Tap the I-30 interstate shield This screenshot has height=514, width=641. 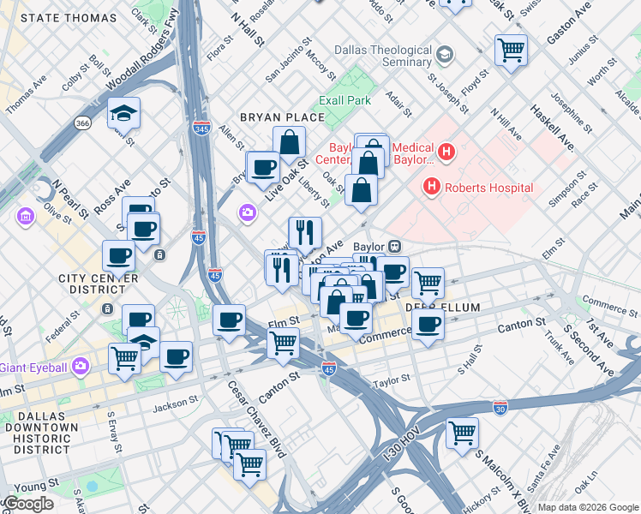click(x=500, y=406)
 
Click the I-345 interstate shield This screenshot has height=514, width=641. click(x=201, y=128)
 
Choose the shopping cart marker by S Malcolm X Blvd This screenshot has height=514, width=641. click(x=463, y=432)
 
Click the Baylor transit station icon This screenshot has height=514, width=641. click(x=395, y=246)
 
